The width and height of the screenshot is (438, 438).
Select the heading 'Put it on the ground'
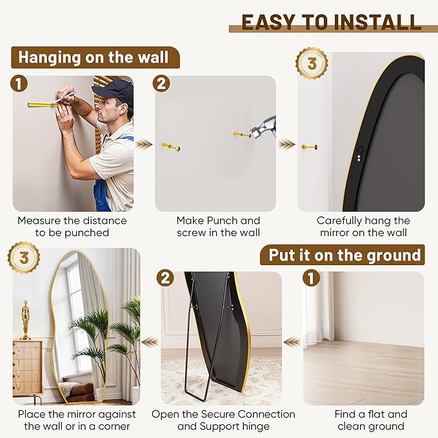(344, 255)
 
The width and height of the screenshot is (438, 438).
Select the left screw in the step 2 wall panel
(171, 147)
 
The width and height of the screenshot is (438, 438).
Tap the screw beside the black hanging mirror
(309, 147)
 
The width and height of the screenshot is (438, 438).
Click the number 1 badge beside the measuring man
(21, 83)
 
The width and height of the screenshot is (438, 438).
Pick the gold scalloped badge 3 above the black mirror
(312, 63)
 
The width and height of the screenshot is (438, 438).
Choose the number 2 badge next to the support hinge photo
(166, 278)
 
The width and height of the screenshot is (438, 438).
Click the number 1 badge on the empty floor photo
(311, 278)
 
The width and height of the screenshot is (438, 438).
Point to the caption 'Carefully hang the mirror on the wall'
(363, 226)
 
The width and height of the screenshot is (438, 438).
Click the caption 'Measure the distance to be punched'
(72, 226)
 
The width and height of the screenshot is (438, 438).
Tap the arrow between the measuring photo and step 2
(144, 143)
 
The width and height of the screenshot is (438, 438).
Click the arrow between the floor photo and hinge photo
(292, 341)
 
